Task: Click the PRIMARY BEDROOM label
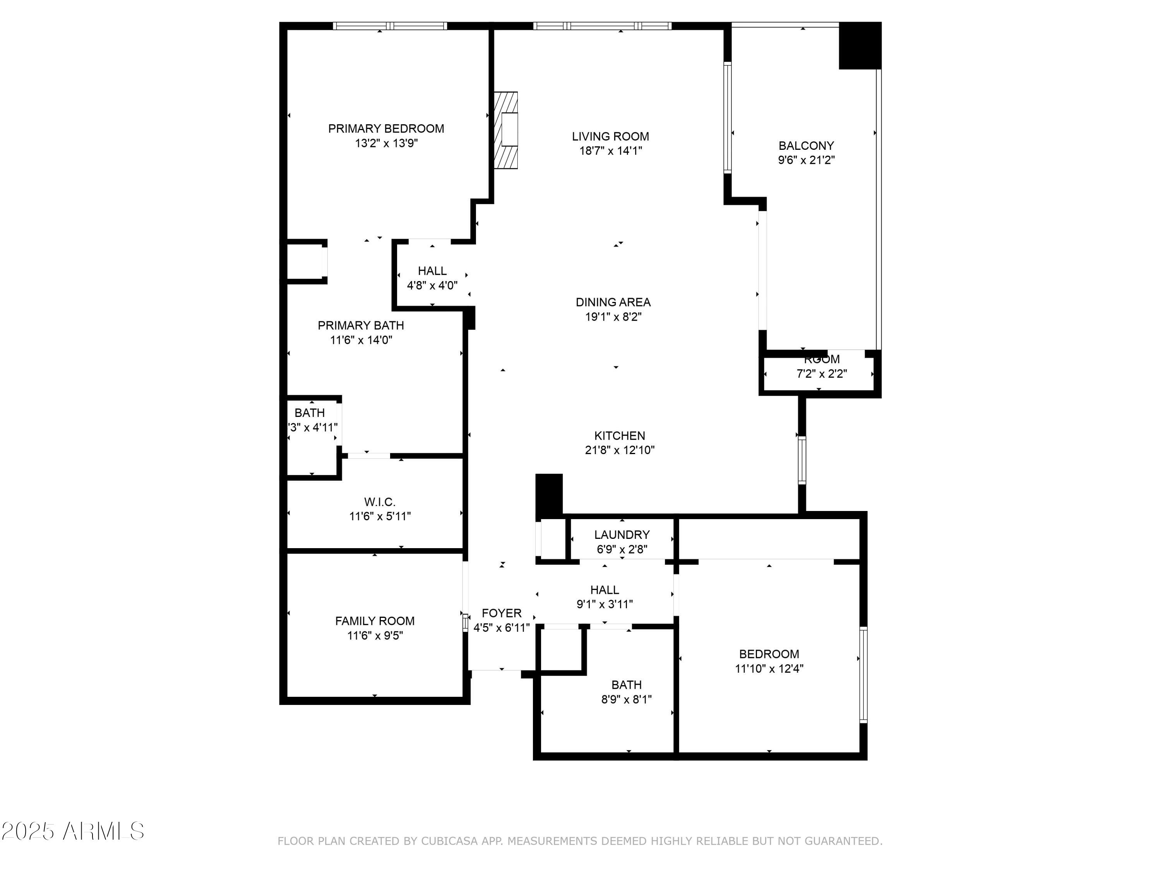click(386, 129)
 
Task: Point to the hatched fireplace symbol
click(506, 130)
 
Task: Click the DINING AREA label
click(613, 302)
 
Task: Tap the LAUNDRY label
click(622, 535)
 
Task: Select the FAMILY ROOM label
click(375, 621)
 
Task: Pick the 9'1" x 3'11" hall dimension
click(604, 604)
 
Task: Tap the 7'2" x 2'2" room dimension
click(822, 374)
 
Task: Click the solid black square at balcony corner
click(860, 46)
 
